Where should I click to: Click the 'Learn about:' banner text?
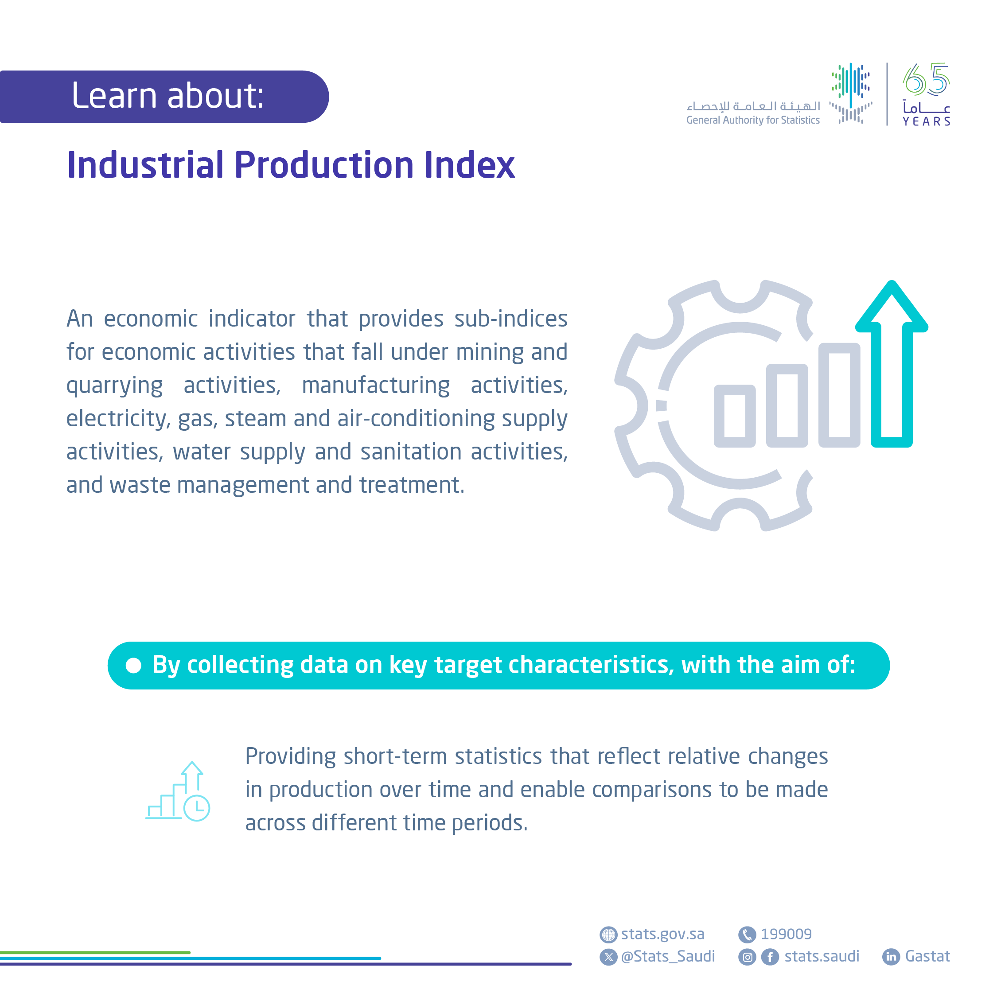coord(167,96)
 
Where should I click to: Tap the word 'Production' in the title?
coord(324,165)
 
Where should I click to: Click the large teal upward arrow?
coord(892,364)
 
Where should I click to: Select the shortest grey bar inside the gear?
coord(734,416)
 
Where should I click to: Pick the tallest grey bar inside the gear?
coord(839,395)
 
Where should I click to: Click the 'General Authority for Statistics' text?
coord(753,120)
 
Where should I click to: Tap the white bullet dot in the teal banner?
coord(134,666)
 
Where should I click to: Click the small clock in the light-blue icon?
coord(197,808)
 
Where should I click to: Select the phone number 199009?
coord(786,934)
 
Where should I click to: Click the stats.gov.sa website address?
coord(662,935)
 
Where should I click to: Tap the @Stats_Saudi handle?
coord(668,957)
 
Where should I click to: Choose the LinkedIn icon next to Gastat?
coord(891,957)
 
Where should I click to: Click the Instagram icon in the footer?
coord(747,957)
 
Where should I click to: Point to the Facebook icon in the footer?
coord(770,957)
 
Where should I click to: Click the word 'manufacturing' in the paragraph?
coord(376,386)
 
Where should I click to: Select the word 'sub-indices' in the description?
coord(511,319)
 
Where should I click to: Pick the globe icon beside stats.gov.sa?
coord(608,935)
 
